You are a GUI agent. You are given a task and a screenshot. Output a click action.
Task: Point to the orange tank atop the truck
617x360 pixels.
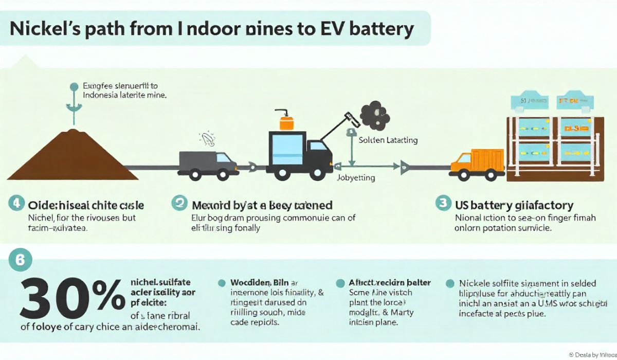pos(285,123)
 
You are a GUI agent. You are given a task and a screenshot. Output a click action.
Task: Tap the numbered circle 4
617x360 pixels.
pos(15,204)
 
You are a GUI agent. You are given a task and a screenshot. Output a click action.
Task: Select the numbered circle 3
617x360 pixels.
pos(443,204)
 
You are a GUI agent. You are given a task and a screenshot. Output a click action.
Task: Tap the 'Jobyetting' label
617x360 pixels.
pos(356,178)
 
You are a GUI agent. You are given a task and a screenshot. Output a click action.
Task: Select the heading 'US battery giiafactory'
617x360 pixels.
pos(514,205)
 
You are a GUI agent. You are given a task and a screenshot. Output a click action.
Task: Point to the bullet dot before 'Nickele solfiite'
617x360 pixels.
pos(450,283)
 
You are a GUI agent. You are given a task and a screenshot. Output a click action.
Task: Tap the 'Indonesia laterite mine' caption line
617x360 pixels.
pos(124,95)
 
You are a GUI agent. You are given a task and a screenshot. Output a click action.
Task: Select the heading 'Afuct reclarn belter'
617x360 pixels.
pos(389,282)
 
